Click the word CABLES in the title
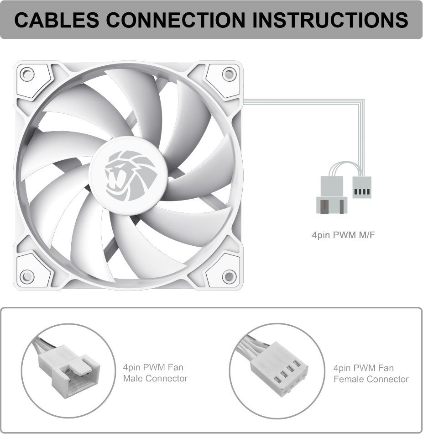coord(57,20)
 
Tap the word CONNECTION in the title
coord(176,20)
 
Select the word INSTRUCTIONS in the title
coord(330,20)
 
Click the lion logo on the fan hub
coord(131,176)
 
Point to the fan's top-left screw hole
coord(27,74)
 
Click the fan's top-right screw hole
coord(229,74)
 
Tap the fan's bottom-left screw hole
coord(27,276)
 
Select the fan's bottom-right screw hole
coord(229,276)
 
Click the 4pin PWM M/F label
coord(343,235)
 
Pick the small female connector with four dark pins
coord(362,187)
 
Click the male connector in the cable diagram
coord(332,195)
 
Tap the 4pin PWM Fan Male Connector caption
coord(155,373)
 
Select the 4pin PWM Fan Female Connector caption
coord(371,373)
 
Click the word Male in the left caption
coord(133,378)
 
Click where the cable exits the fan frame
coord(244,101)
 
